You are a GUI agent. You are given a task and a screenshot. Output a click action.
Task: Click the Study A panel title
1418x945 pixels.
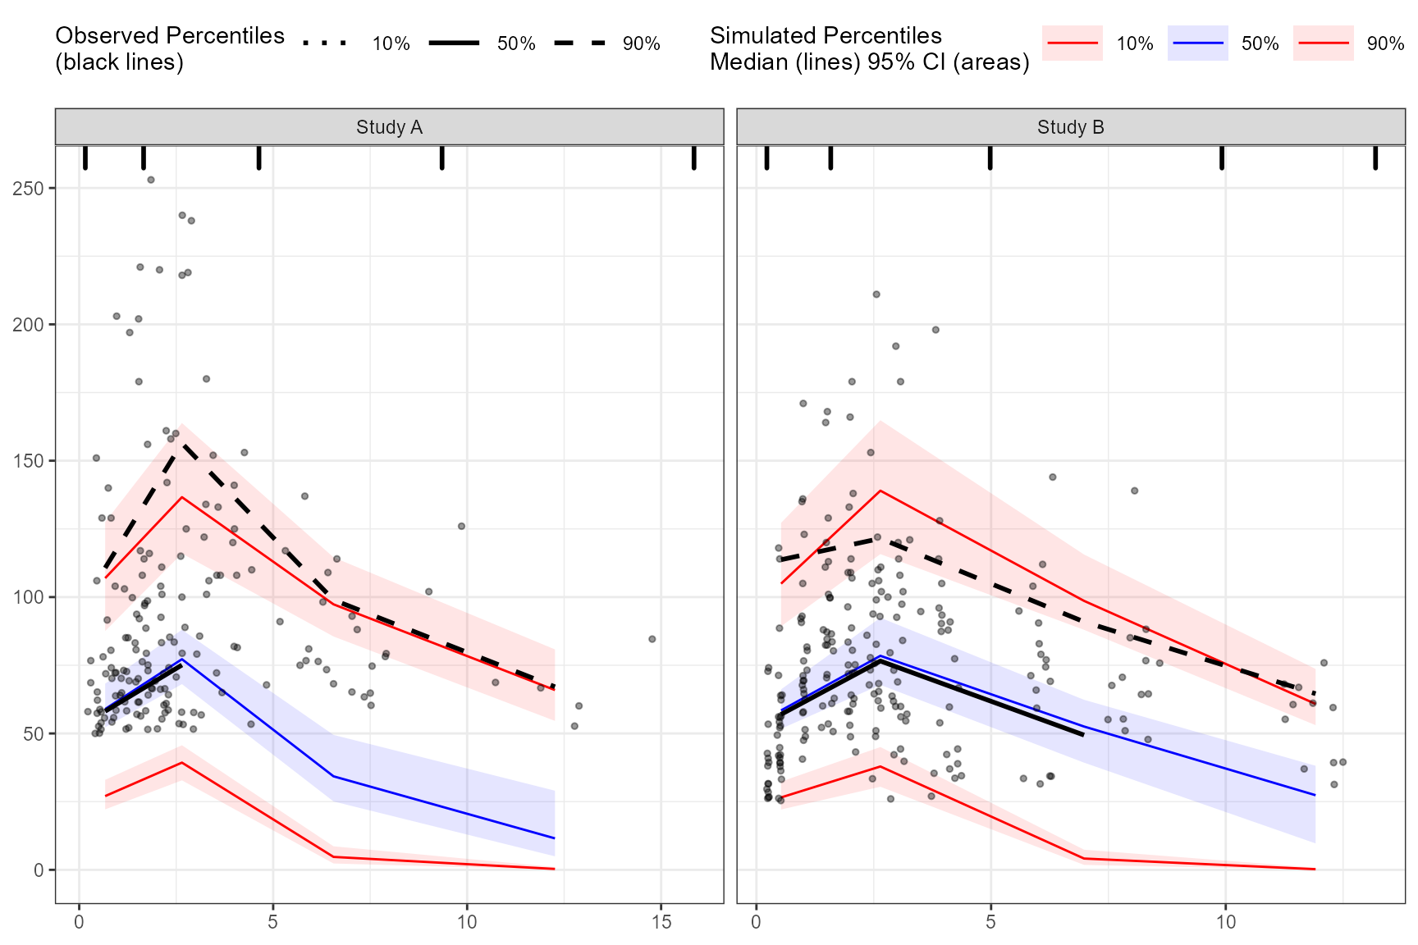(x=389, y=127)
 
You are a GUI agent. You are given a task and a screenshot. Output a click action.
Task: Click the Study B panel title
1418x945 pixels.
(x=1070, y=127)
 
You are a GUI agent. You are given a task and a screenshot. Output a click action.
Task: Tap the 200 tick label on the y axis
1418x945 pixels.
(x=29, y=325)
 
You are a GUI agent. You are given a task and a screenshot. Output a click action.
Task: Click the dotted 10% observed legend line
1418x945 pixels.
(x=325, y=43)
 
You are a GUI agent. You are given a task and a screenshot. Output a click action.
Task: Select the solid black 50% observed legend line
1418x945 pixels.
(x=454, y=43)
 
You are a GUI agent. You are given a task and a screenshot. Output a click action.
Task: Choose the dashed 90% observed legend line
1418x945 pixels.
(x=579, y=43)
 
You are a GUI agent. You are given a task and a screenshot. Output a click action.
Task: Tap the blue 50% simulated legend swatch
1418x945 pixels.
(x=1198, y=43)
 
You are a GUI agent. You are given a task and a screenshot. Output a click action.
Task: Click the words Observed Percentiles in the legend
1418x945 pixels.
(x=169, y=36)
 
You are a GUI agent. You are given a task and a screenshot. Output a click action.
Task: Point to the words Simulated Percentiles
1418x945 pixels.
(x=826, y=36)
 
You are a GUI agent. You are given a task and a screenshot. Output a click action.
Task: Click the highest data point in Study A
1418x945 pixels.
(x=151, y=180)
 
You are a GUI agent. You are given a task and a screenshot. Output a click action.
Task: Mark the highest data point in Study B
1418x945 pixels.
(x=876, y=294)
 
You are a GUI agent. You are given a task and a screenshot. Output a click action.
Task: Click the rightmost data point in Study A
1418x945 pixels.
(x=652, y=639)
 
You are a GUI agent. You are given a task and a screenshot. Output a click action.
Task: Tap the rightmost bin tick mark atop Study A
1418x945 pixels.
(x=694, y=157)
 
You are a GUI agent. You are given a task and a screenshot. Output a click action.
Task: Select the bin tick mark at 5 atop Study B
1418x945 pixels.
(x=990, y=157)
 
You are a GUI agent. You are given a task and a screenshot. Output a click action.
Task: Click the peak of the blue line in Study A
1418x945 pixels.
(x=182, y=660)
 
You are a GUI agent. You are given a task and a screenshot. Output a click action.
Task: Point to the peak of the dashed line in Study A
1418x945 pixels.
(x=181, y=443)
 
